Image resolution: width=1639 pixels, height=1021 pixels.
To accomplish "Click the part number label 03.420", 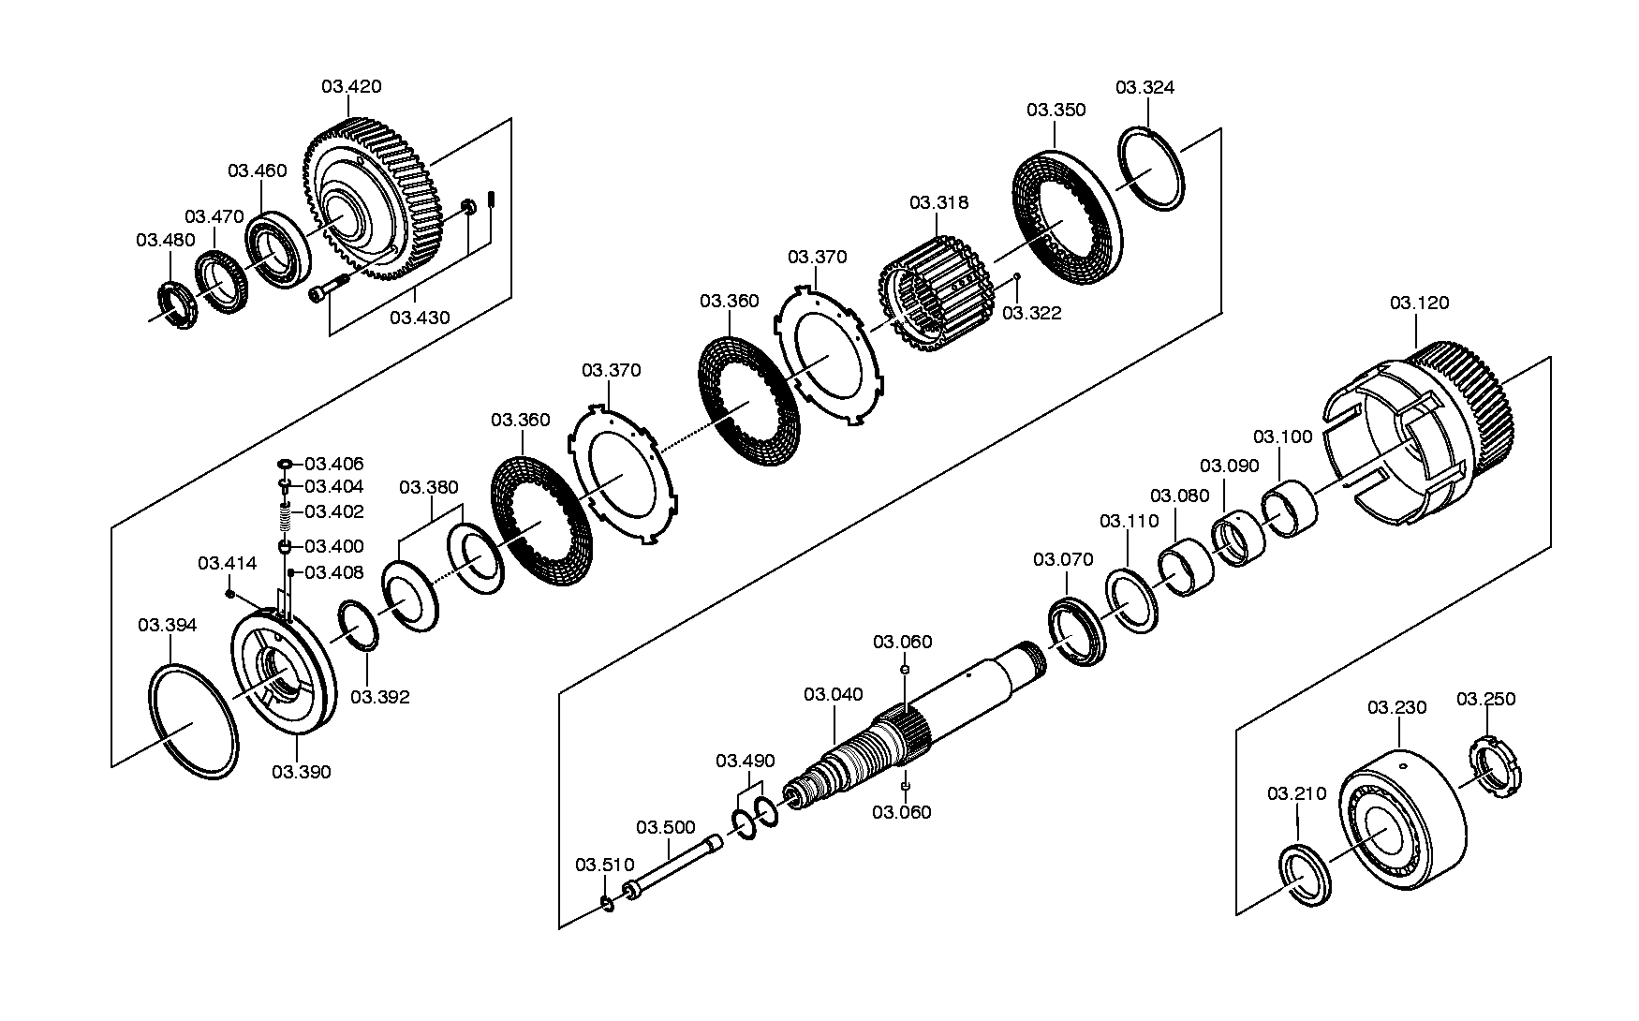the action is [351, 87].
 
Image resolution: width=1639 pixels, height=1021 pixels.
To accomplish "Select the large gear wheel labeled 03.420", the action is [375, 199].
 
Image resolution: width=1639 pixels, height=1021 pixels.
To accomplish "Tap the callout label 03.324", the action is [1144, 87].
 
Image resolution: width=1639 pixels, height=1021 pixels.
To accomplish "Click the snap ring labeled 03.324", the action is [1152, 170].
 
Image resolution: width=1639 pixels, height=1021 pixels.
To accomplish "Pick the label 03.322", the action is [1032, 313].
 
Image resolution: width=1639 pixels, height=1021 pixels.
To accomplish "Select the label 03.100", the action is [1283, 437].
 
